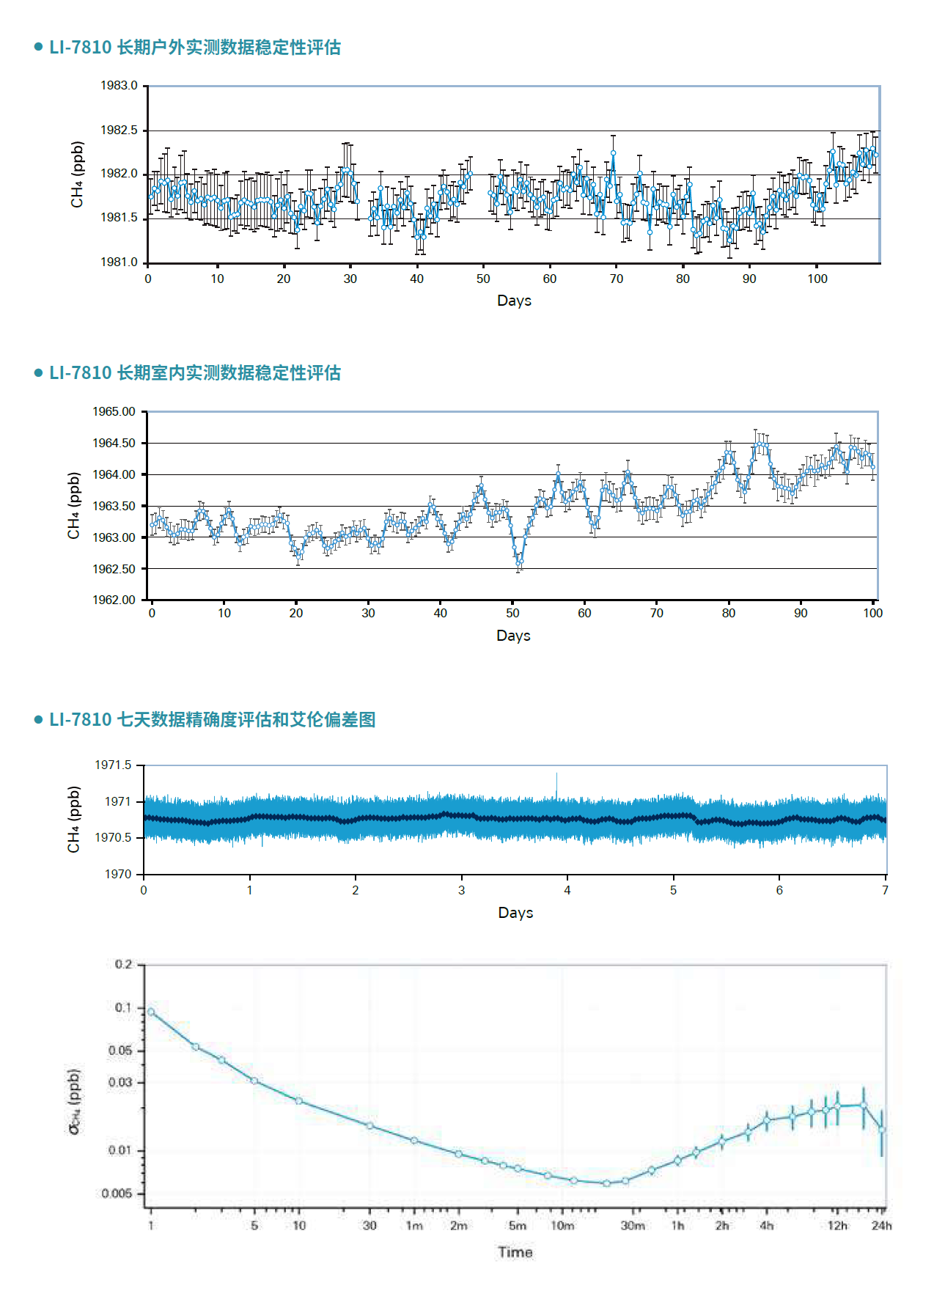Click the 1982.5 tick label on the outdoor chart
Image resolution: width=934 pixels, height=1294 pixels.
[x=119, y=130]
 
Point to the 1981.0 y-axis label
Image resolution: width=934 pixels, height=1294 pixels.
[x=119, y=262]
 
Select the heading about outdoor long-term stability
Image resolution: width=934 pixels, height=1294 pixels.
[x=194, y=48]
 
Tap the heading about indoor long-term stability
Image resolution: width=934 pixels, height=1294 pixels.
[x=194, y=373]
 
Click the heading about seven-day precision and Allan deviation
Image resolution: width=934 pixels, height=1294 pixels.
[x=212, y=720]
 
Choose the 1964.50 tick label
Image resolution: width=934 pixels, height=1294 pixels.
[x=114, y=443]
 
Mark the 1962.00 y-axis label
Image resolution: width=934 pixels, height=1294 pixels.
[x=114, y=600]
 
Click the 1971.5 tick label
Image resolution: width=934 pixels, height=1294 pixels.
[x=113, y=765]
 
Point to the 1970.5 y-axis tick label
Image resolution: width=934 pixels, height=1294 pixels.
[x=113, y=837]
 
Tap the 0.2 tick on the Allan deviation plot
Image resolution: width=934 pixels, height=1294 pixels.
[x=123, y=964]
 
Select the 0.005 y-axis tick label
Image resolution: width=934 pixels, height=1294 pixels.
[x=117, y=1193]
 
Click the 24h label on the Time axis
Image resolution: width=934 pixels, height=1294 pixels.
[x=881, y=1226]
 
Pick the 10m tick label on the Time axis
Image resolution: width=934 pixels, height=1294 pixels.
[x=562, y=1226]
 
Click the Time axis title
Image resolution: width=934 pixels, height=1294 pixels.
[x=515, y=1252]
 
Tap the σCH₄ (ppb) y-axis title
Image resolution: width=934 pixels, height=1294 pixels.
[x=75, y=1101]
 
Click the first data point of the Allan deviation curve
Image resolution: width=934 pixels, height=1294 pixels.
[x=151, y=1012]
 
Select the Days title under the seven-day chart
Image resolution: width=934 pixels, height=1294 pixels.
[x=515, y=913]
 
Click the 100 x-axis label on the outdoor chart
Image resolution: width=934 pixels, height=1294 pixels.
[x=817, y=279]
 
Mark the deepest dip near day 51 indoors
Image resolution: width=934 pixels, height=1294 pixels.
[x=519, y=563]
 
